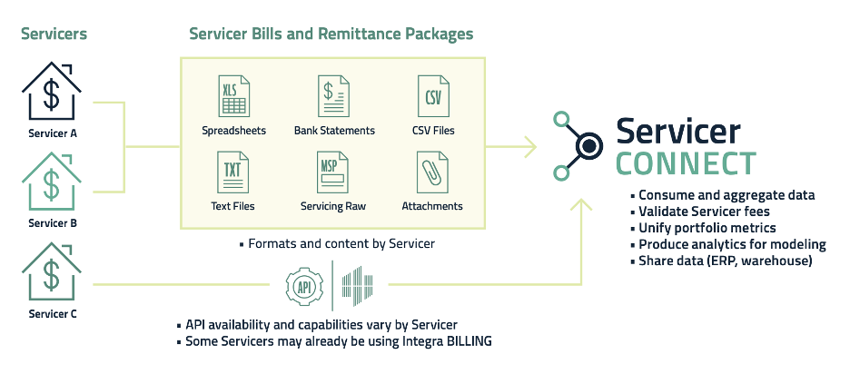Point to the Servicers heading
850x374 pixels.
click(x=55, y=34)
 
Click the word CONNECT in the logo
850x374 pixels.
click(x=686, y=164)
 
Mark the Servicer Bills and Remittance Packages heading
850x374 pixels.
click(x=331, y=34)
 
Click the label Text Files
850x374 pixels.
click(x=232, y=206)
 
